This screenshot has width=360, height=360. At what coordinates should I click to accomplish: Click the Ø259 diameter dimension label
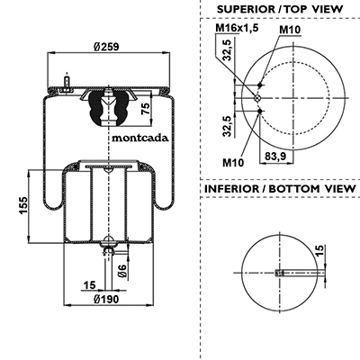pos(106,47)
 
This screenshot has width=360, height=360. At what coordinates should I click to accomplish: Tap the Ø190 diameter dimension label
pos(106,299)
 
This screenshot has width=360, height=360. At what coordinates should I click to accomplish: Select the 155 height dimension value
pos(23,206)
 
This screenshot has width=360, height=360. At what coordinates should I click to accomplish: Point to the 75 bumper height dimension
pos(146,108)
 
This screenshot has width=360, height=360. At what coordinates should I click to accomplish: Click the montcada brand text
pos(140,138)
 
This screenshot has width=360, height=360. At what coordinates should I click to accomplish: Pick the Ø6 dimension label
pos(121,271)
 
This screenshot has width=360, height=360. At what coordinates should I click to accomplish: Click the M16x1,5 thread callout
pos(237,28)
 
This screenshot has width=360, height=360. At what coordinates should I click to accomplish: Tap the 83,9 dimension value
pos(275,156)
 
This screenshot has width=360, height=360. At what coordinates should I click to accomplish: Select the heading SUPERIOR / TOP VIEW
pos(280,9)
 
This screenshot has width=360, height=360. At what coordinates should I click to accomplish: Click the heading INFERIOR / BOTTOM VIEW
pos(280,189)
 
